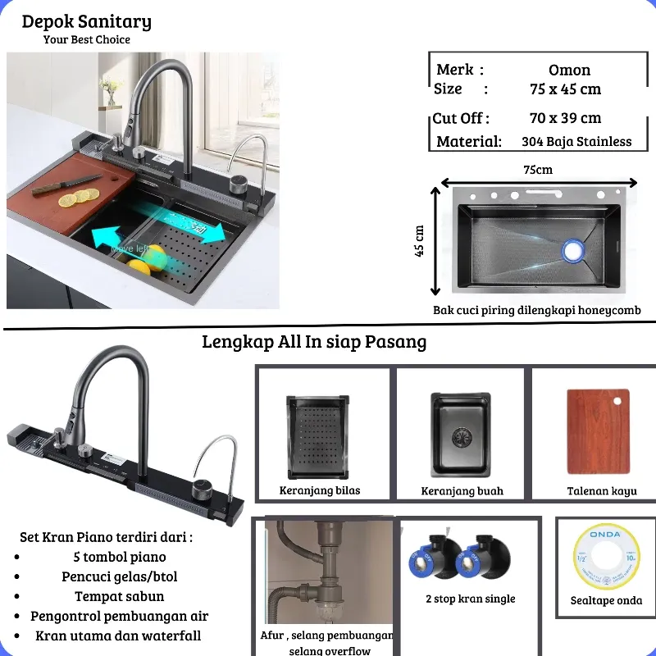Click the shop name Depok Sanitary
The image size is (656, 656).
pos(86,22)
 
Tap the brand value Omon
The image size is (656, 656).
pos(569,71)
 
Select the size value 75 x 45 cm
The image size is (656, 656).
pos(565,89)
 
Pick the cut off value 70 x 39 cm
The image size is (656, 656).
pos(565,118)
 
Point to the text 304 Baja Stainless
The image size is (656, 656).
pos(576,141)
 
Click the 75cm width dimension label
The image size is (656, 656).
pos(538,170)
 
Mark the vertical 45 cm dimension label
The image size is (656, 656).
pos(420,241)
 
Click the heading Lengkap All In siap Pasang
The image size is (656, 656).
pos(314,342)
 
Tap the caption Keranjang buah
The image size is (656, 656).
pos(462,491)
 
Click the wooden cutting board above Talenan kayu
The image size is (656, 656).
pos(598,431)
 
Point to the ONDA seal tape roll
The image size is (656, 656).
pos(606,558)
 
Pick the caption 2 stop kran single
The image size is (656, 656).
pos(470,599)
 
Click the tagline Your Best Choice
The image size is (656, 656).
pos(86,39)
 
